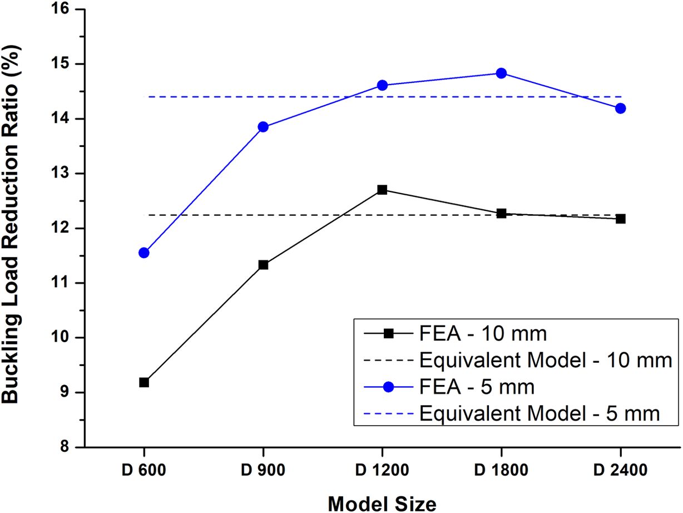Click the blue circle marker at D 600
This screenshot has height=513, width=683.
(x=144, y=253)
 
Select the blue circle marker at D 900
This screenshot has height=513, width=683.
(x=263, y=127)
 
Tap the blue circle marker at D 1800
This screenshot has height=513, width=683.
(x=501, y=73)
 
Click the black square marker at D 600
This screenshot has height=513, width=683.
(x=144, y=382)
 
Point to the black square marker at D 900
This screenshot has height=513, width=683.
(x=263, y=265)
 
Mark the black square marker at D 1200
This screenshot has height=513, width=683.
(x=382, y=190)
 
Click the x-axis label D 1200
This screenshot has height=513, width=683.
(x=382, y=470)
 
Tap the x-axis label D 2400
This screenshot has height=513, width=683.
(x=620, y=470)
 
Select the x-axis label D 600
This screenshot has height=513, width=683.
(x=144, y=470)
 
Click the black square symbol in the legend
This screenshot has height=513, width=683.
(x=389, y=333)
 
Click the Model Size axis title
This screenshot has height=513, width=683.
(x=382, y=502)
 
